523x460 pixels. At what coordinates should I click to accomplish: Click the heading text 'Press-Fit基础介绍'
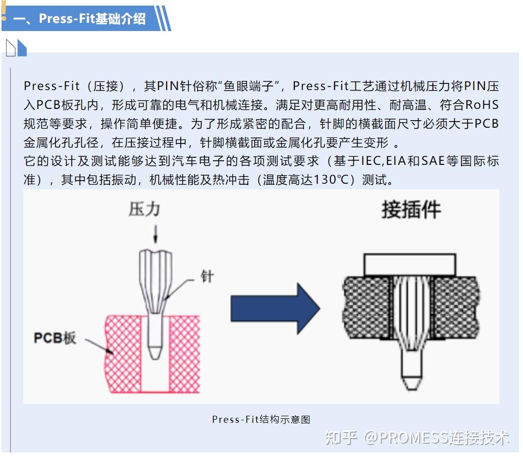click(x=92, y=19)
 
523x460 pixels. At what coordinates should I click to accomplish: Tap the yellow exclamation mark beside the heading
click(x=4, y=13)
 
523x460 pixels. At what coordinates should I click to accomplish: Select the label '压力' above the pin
click(x=144, y=209)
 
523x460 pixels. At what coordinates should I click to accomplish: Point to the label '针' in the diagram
click(x=207, y=277)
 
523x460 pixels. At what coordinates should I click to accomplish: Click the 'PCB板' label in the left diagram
click(x=55, y=337)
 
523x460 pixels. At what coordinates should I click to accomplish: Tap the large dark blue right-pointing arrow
click(x=275, y=308)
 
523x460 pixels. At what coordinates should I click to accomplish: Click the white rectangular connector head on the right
click(x=410, y=264)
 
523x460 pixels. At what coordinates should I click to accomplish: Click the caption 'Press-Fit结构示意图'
click(x=261, y=419)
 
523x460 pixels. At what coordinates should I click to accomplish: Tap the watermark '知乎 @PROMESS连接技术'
click(x=417, y=437)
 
